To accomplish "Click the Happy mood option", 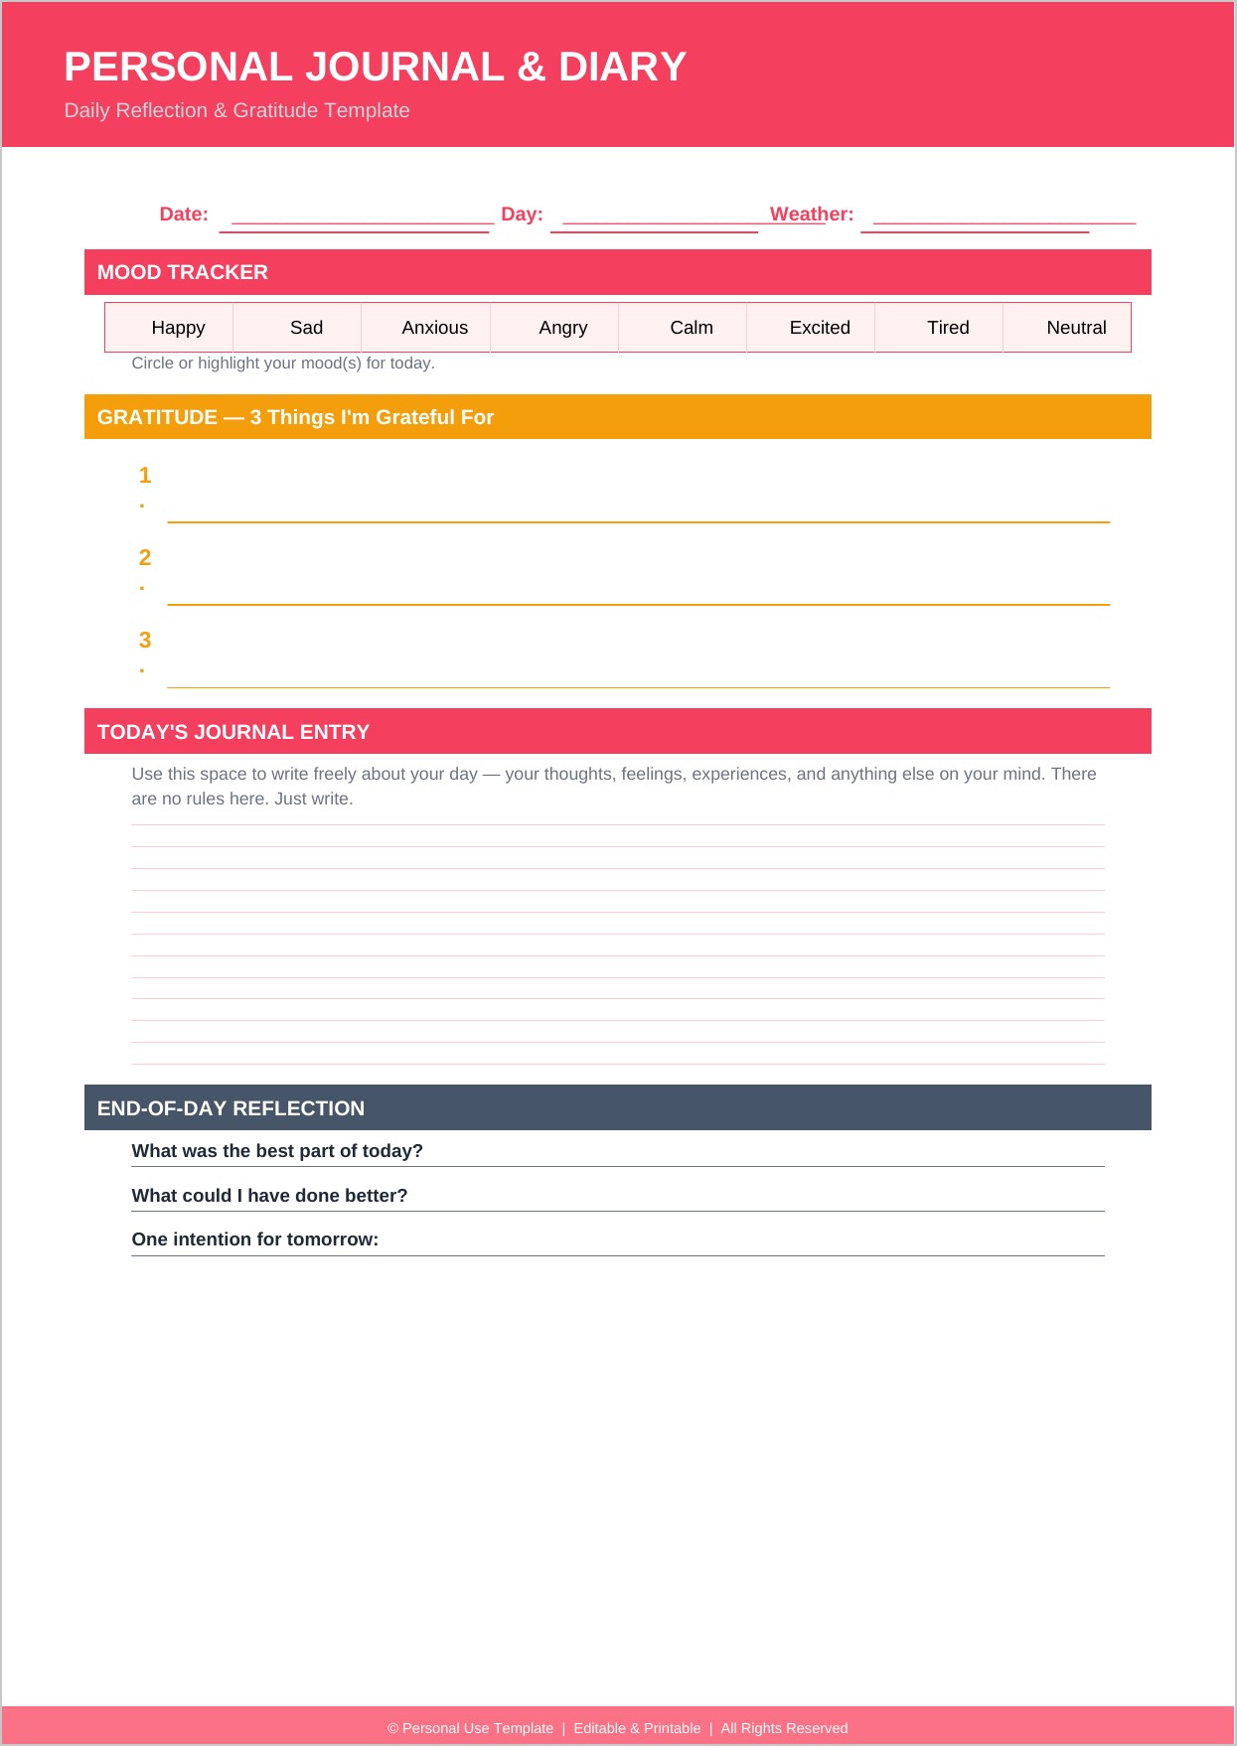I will click(178, 328).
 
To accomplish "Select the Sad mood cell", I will click(306, 328).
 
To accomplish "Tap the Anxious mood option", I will click(434, 328).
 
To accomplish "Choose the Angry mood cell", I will click(562, 328).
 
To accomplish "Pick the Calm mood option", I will click(691, 328).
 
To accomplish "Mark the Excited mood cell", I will click(820, 328).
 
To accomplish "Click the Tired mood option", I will click(948, 328).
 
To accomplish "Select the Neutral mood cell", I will click(1076, 328).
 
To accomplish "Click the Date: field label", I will click(184, 215).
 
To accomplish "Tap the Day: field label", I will click(522, 215).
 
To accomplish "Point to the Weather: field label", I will click(812, 215).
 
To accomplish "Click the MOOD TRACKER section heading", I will click(183, 272).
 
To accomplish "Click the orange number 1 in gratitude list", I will click(145, 476).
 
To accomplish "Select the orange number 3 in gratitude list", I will click(145, 641).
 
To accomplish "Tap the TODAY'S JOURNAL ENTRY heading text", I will click(233, 732).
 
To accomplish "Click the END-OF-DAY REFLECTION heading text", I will click(231, 1108).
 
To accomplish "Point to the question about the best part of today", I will click(277, 1151).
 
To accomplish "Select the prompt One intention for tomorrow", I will click(255, 1239).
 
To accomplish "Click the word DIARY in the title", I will click(622, 68).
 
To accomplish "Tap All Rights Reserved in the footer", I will click(784, 1728).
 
